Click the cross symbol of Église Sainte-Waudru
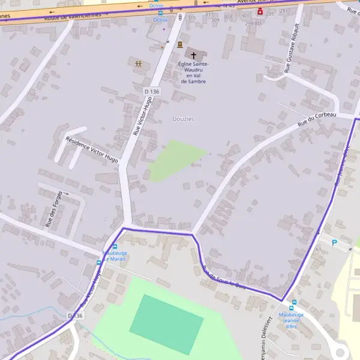pos(193,54)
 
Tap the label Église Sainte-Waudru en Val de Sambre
pos(193,72)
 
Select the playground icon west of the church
pos(139,62)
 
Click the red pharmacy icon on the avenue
pos(260,11)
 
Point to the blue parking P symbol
pos(335,243)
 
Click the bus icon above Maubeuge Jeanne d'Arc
pos(293,302)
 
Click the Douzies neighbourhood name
pos(183,119)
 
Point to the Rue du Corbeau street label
pos(318,119)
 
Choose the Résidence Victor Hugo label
pos(91,149)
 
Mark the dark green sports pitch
pos(166,324)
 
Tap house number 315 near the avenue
pos(191,18)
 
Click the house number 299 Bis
pos(254,23)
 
